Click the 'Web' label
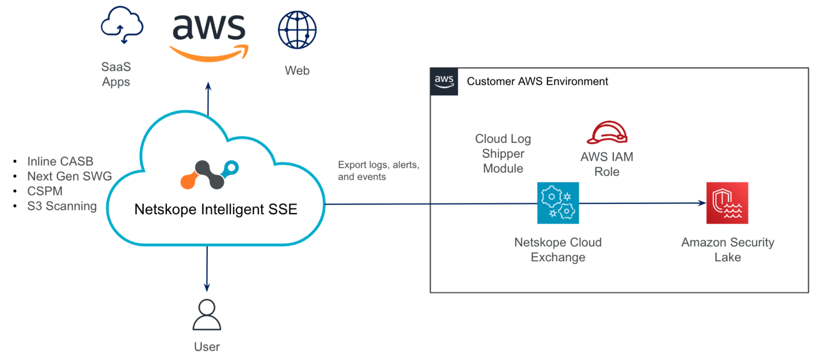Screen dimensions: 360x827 pos(297,70)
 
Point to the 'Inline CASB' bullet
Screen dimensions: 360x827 pos(60,161)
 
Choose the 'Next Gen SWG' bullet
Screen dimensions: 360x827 pos(69,176)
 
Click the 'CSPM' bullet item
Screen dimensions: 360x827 pos(45,191)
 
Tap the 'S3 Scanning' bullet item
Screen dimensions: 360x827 pos(62,206)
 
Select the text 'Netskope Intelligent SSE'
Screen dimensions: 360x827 pos(215,209)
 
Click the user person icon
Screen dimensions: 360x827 pos(207,316)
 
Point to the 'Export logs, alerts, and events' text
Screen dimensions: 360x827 pos(378,171)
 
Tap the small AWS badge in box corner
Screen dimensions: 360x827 pos(444,82)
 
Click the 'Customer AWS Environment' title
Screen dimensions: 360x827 pos(537,82)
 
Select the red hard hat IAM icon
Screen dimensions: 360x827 pos(607,132)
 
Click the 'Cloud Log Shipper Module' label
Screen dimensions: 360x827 pos(502,153)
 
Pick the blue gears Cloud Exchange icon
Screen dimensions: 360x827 pos(558,203)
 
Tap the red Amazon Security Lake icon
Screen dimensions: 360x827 pos(727,203)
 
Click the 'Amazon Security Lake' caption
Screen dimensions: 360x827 pos(727,250)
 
